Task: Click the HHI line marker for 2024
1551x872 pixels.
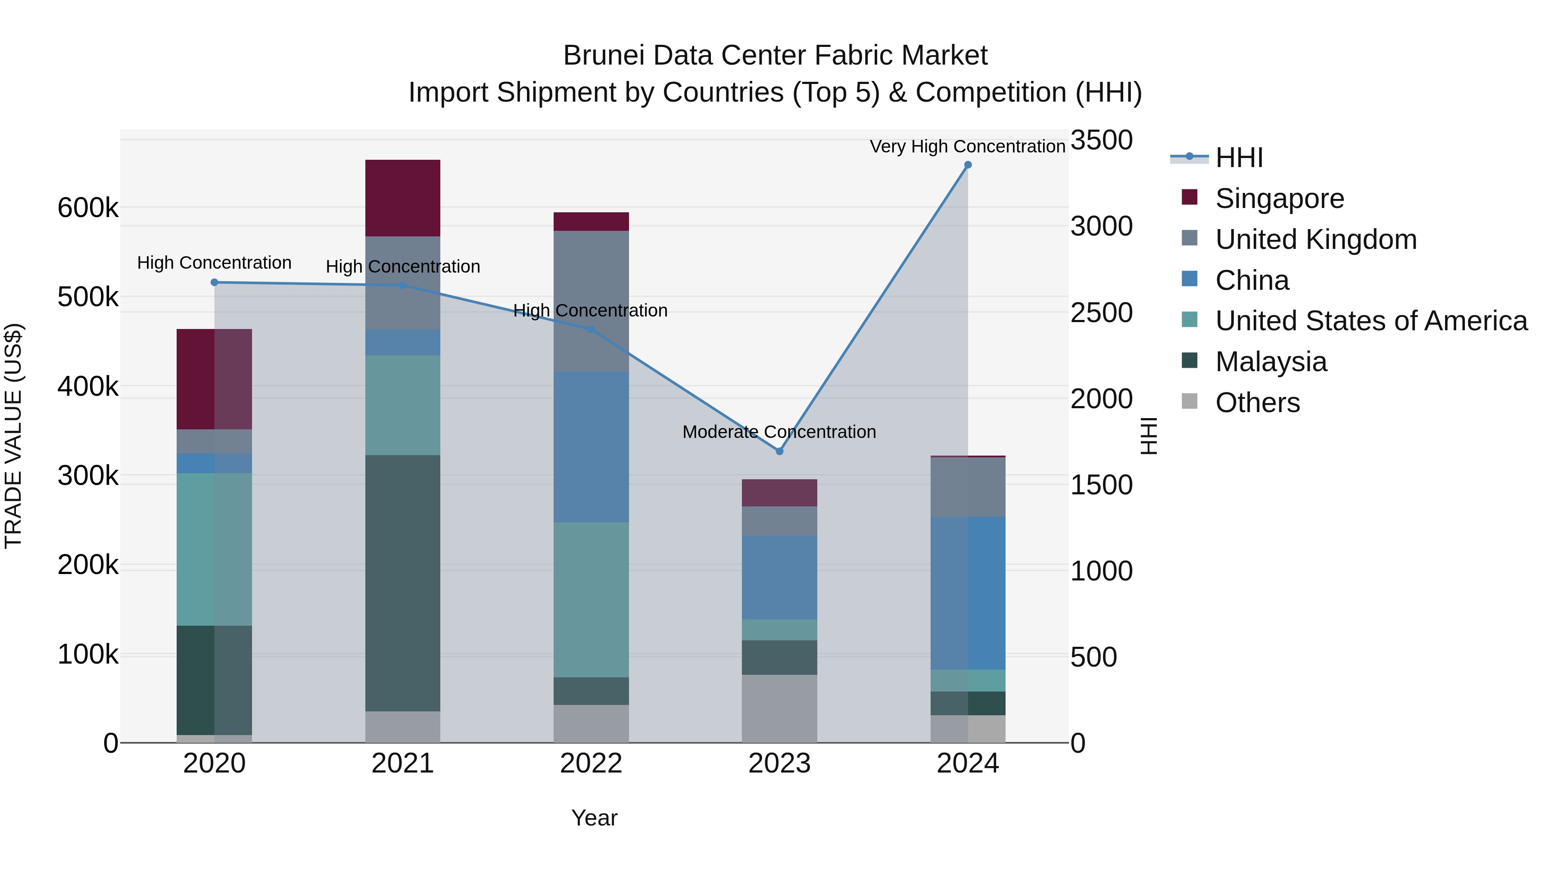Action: [x=968, y=165]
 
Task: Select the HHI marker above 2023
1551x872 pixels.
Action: [x=779, y=451]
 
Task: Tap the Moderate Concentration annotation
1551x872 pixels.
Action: [x=779, y=431]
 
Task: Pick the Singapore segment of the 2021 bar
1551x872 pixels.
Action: [x=403, y=198]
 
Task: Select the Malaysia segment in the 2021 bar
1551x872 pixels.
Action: [x=403, y=583]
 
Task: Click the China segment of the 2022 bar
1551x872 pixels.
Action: [x=591, y=447]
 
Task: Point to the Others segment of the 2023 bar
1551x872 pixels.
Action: [x=779, y=708]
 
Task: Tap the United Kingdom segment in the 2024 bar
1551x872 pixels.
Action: [x=968, y=487]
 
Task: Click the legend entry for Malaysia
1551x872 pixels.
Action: [x=1271, y=362]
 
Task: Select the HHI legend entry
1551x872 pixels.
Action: [x=1239, y=158]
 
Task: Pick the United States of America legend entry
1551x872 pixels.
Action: [x=1371, y=321]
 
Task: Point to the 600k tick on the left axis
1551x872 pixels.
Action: [x=88, y=208]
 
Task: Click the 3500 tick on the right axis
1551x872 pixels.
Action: [x=1101, y=140]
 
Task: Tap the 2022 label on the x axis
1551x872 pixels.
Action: [x=591, y=763]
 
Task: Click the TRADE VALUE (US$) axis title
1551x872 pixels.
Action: [x=13, y=436]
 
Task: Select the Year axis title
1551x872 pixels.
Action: [x=594, y=818]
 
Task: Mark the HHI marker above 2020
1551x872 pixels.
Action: [x=215, y=282]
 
